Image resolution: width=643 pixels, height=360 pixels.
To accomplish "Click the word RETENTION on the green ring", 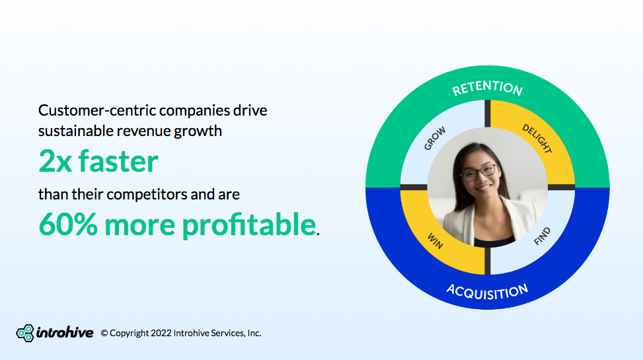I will [x=487, y=88].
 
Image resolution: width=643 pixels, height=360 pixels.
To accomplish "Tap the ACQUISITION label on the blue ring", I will [x=487, y=291].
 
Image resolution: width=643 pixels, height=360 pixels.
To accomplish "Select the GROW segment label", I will [x=435, y=138].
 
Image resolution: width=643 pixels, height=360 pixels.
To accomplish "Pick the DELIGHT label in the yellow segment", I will [x=537, y=139].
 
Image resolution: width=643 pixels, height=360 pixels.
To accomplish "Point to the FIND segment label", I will [x=541, y=237].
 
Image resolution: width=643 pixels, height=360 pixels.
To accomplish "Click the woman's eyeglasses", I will [x=478, y=172].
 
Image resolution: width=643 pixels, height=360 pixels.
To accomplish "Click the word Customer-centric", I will [x=96, y=110].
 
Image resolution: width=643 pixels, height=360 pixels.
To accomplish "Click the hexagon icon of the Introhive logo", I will [x=25, y=333].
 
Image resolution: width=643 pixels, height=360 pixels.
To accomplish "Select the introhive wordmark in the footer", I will [x=65, y=332].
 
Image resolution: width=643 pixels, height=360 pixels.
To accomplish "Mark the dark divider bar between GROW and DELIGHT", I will [x=487, y=114].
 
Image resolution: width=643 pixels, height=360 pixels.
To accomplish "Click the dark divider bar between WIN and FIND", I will [x=487, y=261].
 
